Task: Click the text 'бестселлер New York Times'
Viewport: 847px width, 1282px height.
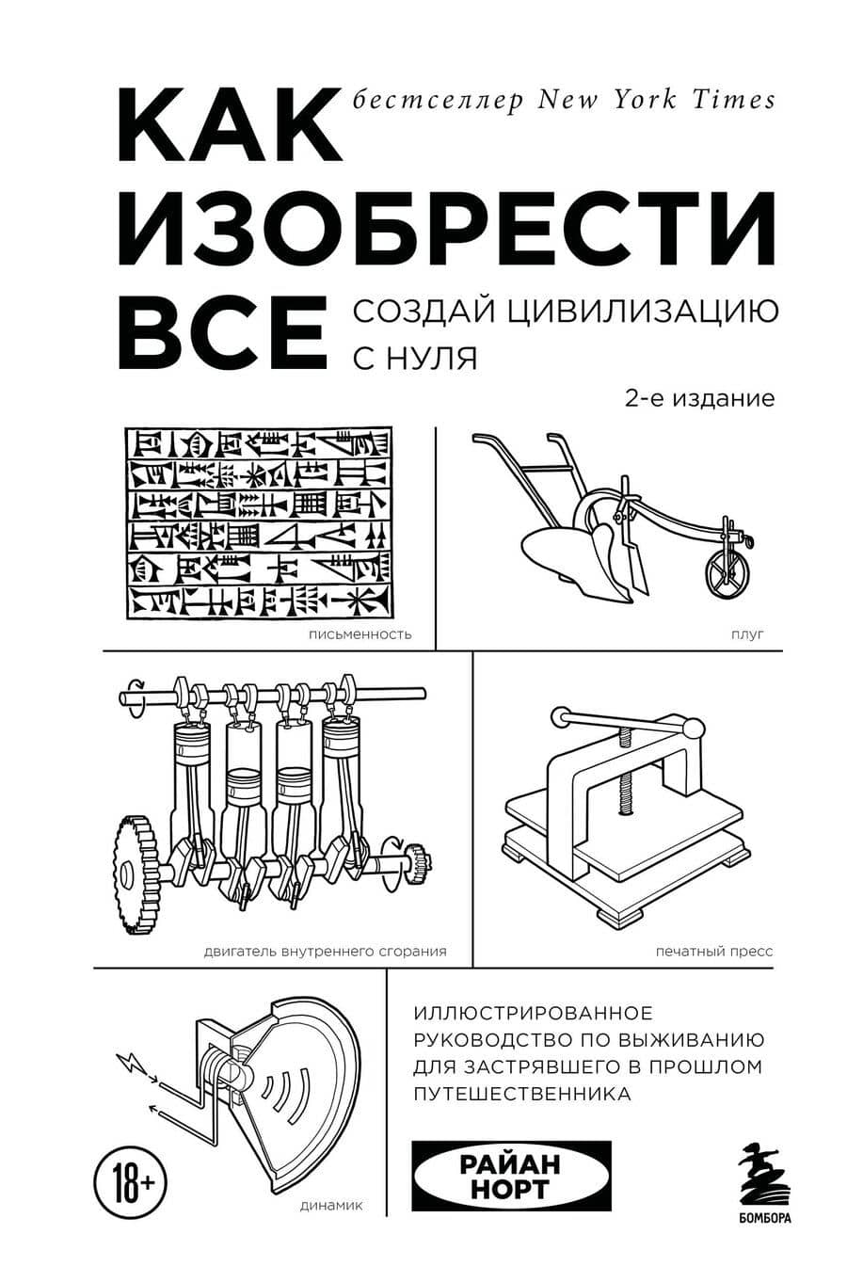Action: coord(564,99)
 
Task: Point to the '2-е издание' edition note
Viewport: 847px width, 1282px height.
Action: coord(699,398)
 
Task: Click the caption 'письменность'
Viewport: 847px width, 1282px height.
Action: coord(360,633)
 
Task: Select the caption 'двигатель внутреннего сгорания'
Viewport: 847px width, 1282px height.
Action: coord(325,950)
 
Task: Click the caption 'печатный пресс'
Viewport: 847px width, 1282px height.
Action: coord(714,951)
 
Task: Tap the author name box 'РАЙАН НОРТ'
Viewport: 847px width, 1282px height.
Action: coord(512,1177)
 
